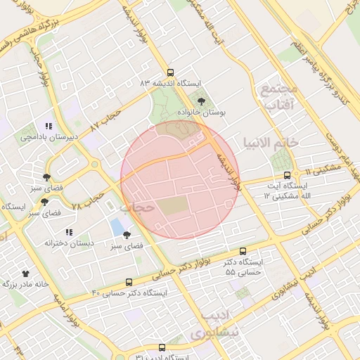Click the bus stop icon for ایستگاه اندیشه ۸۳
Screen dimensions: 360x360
pyautogui.click(x=170, y=72)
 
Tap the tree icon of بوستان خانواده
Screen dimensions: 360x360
pyautogui.click(x=202, y=101)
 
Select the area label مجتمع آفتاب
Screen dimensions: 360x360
pyautogui.click(x=279, y=97)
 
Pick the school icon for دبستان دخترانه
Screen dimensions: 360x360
pyautogui.click(x=68, y=231)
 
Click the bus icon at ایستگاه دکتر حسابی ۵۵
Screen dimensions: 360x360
pyautogui.click(x=243, y=251)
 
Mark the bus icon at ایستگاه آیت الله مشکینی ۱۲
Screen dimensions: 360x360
pyautogui.click(x=287, y=175)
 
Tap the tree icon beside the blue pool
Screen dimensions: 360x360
pyautogui.click(x=127, y=235)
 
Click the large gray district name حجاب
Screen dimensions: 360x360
pyautogui.click(x=136, y=208)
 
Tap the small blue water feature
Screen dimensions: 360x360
pyautogui.click(x=116, y=228)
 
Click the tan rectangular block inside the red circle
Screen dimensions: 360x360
pyautogui.click(x=172, y=207)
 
